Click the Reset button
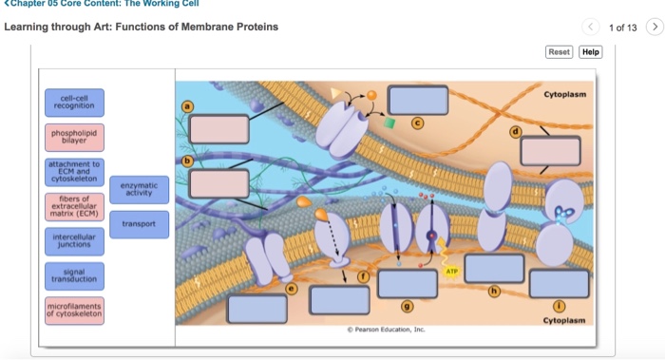[x=559, y=52]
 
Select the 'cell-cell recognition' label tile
[x=75, y=103]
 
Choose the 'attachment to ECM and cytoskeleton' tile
[x=75, y=172]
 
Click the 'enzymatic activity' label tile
[x=140, y=189]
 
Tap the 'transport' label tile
[x=140, y=224]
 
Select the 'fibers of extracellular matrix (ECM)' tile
[x=75, y=206]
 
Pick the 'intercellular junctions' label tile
[x=75, y=241]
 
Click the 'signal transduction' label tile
[x=75, y=275]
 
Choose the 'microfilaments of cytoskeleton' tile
[x=75, y=310]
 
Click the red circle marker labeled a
[x=188, y=106]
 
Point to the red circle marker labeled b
[x=188, y=161]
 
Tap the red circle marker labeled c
[x=415, y=122]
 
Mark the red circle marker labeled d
[x=516, y=130]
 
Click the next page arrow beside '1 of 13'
[x=652, y=27]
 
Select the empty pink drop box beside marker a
[x=218, y=128]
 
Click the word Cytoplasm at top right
[x=564, y=95]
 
